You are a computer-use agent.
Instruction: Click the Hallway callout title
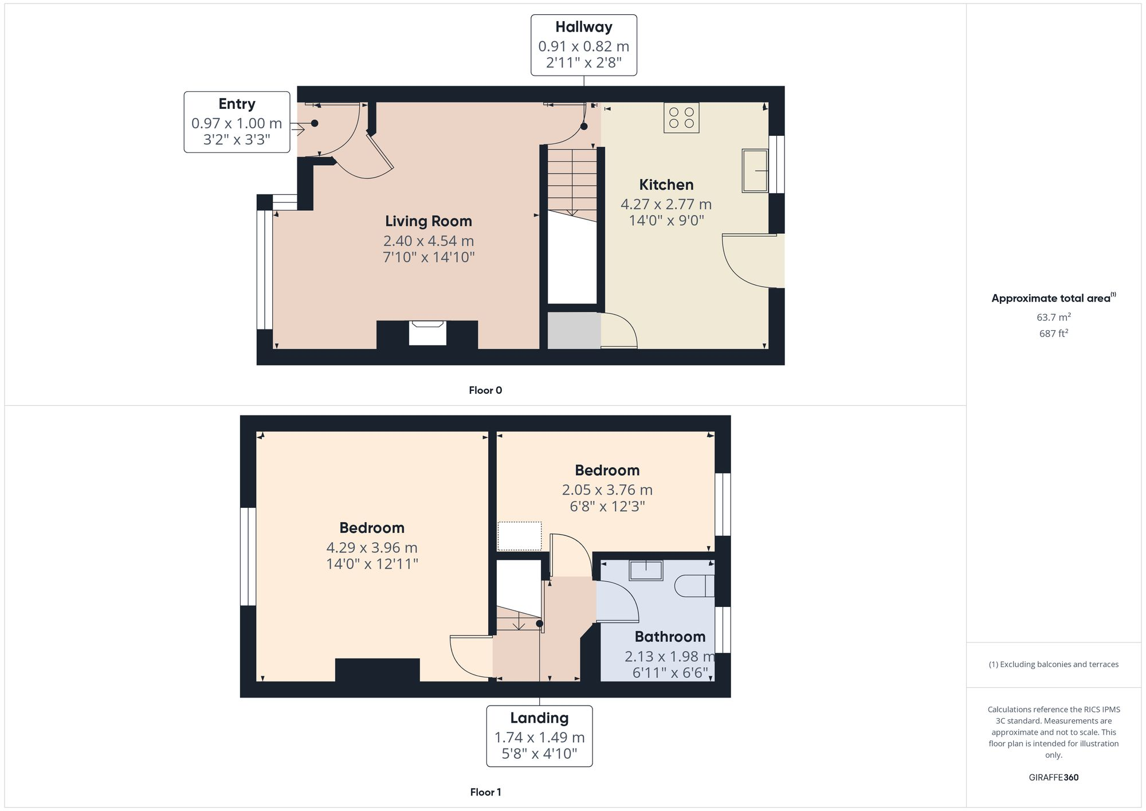[x=583, y=27]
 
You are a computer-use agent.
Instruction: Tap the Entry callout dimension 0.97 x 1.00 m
[x=237, y=123]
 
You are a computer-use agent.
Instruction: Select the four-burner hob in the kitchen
[x=681, y=118]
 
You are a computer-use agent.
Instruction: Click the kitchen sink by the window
[x=755, y=170]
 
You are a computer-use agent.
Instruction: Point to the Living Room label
[x=428, y=221]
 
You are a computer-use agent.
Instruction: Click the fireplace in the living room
[x=427, y=333]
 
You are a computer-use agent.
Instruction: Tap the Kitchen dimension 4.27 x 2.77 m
[x=666, y=204]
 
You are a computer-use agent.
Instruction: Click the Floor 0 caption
[x=485, y=390]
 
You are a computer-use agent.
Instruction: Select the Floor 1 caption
[x=485, y=792]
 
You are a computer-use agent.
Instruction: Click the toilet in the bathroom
[x=694, y=586]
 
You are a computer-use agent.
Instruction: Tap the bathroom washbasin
[x=646, y=571]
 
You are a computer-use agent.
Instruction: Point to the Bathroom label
[x=669, y=637]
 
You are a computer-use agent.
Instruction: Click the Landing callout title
[x=539, y=718]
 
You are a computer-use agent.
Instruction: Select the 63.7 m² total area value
[x=1053, y=317]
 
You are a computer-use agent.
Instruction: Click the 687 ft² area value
[x=1053, y=334]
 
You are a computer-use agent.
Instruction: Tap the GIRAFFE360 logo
[x=1053, y=778]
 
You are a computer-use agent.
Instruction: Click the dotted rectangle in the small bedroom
[x=519, y=536]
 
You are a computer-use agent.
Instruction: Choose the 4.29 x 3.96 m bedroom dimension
[x=371, y=547]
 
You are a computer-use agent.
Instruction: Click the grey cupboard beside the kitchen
[x=574, y=331]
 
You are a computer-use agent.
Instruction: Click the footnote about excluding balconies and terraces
[x=1053, y=664]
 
